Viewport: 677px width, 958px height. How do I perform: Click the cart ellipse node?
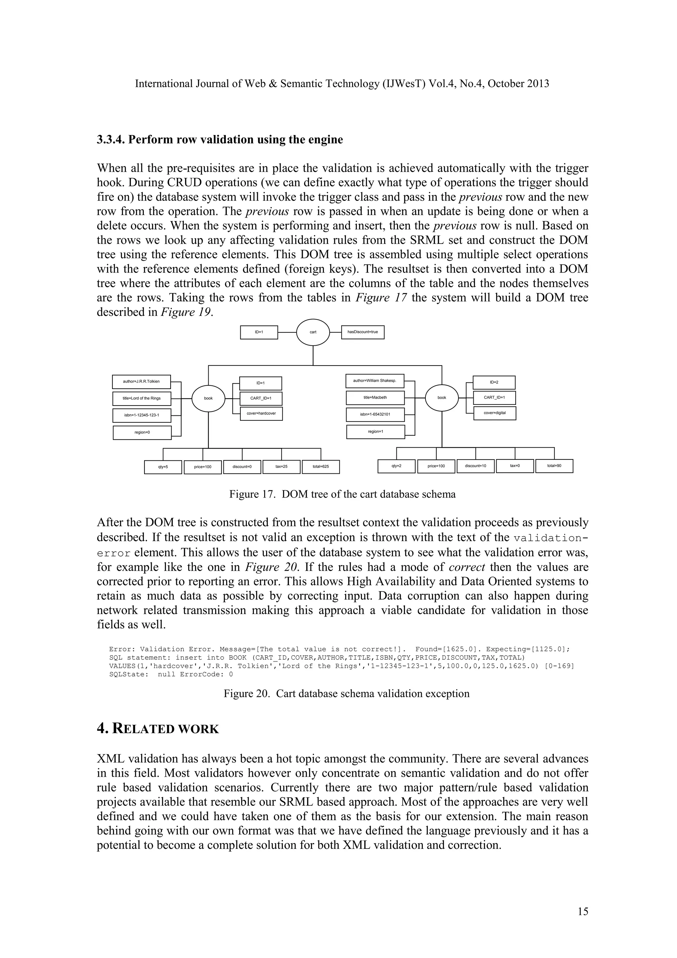(x=313, y=332)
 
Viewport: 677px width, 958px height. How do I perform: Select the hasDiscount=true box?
(x=363, y=332)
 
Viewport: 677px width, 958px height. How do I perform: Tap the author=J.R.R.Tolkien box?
(x=142, y=382)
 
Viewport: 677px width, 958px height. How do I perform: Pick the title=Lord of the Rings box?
(x=142, y=399)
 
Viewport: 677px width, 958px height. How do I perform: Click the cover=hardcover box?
(x=261, y=414)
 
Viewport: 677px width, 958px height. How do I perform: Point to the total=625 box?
(x=321, y=466)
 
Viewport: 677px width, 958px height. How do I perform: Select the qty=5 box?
(x=163, y=467)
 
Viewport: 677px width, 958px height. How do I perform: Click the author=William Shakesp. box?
(x=375, y=381)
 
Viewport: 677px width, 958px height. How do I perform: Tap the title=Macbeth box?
(x=375, y=398)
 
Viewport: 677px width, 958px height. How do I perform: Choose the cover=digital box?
(x=495, y=413)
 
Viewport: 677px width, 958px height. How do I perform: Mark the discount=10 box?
(x=476, y=466)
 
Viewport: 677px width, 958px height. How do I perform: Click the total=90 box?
(x=554, y=466)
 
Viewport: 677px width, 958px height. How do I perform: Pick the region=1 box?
(x=376, y=432)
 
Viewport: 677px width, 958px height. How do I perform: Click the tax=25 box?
(x=281, y=466)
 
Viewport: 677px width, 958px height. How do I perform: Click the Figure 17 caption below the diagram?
(x=342, y=495)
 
